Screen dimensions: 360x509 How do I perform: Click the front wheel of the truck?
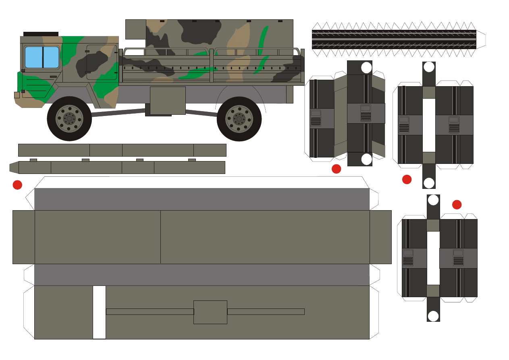[69, 119]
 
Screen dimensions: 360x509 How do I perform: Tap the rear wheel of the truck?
[239, 119]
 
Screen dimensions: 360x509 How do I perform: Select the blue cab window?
[42, 57]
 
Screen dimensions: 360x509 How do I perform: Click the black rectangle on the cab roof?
[41, 34]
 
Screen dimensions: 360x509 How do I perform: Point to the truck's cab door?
[101, 62]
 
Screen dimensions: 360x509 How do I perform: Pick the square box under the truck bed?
[168, 100]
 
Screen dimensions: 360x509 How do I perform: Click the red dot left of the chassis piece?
[17, 185]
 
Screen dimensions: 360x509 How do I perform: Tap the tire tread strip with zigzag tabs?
[394, 39]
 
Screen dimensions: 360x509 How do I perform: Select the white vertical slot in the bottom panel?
[99, 312]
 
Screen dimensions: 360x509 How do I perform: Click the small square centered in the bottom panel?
[210, 312]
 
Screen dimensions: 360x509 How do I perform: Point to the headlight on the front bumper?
[17, 95]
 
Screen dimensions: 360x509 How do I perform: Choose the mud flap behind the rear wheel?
[290, 94]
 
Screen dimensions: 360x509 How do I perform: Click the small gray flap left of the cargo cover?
[135, 29]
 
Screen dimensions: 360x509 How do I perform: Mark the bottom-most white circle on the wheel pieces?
[433, 316]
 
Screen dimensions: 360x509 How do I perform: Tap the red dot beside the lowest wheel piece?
[457, 205]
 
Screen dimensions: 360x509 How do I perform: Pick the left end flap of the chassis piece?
[23, 237]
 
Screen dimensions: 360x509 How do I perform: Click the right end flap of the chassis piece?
[380, 237]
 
